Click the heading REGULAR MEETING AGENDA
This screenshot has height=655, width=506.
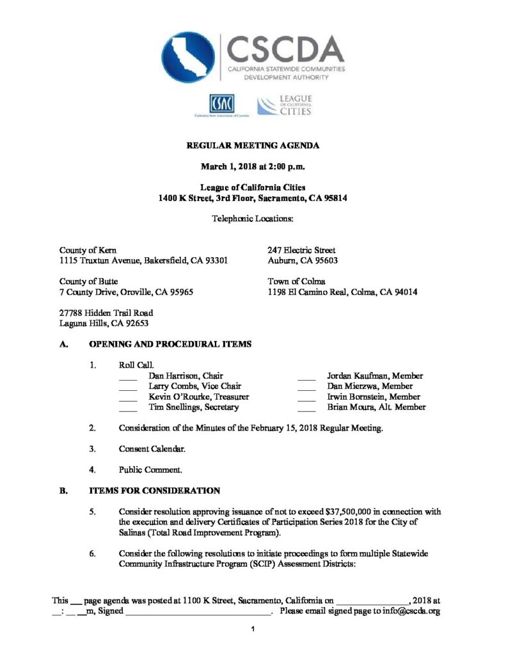(253, 146)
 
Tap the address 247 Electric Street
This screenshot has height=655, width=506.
(301, 250)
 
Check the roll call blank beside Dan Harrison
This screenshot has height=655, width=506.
(128, 377)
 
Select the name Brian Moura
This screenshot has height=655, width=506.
(349, 407)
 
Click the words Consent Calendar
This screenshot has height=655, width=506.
(152, 449)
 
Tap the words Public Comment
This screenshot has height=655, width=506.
(150, 470)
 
